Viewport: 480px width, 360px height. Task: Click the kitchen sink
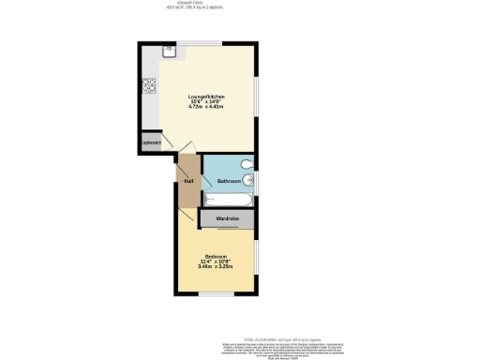click(169, 52)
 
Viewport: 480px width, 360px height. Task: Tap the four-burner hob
click(148, 88)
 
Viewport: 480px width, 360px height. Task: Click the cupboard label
click(151, 142)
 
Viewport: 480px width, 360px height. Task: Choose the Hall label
click(188, 181)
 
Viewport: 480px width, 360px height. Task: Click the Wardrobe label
click(228, 218)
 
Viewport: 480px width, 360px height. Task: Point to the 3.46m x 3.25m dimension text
click(216, 267)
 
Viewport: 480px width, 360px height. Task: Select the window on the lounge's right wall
click(257, 98)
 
